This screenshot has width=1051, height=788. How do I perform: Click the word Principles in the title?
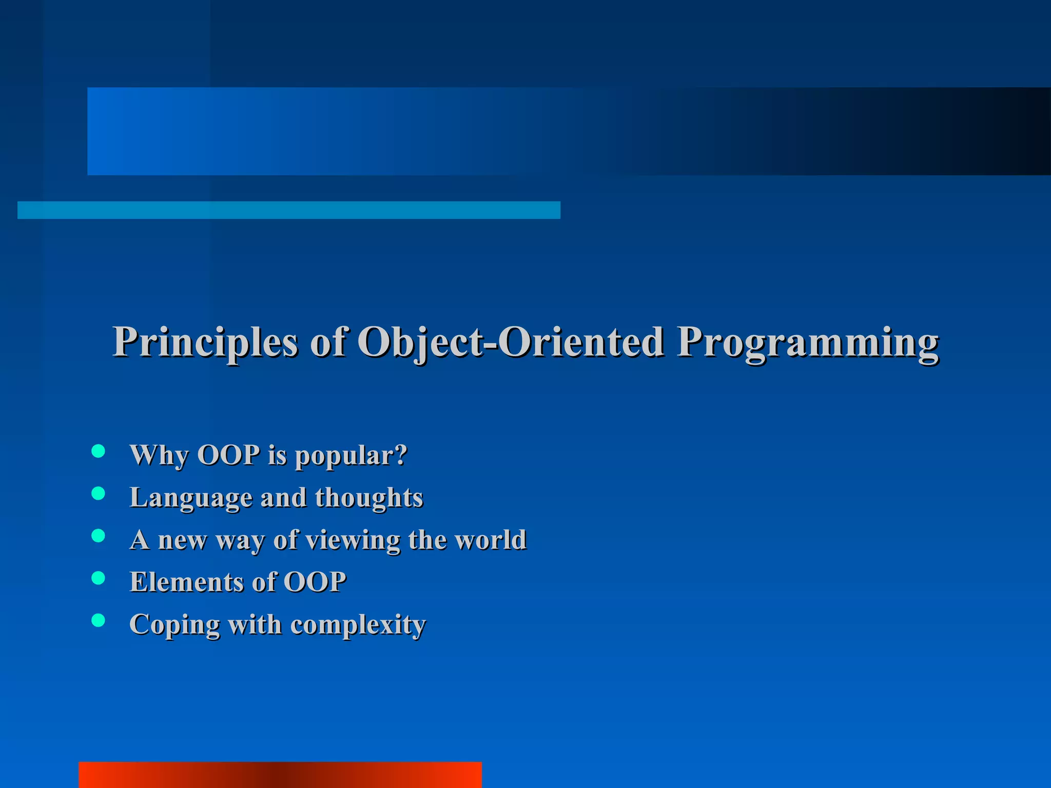pyautogui.click(x=205, y=343)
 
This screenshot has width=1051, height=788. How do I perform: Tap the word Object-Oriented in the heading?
pyautogui.click(x=511, y=343)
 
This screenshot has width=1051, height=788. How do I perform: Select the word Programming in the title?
pyautogui.click(x=808, y=343)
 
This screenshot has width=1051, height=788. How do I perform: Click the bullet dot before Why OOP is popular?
pyautogui.click(x=98, y=451)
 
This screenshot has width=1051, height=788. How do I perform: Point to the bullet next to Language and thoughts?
pyautogui.click(x=98, y=494)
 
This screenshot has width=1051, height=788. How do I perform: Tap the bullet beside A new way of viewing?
pyautogui.click(x=98, y=536)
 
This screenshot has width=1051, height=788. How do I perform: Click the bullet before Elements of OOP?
pyautogui.click(x=98, y=578)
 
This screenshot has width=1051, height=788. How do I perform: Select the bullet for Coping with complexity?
pyautogui.click(x=98, y=620)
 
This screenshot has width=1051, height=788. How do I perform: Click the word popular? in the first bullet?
pyautogui.click(x=351, y=456)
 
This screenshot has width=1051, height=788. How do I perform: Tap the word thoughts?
pyautogui.click(x=369, y=498)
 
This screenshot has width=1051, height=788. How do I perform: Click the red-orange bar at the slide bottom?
pyautogui.click(x=280, y=775)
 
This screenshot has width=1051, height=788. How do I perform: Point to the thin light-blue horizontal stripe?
pyautogui.click(x=288, y=210)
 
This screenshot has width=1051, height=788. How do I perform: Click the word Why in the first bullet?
pyautogui.click(x=159, y=456)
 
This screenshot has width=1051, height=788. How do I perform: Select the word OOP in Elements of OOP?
pyautogui.click(x=315, y=582)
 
